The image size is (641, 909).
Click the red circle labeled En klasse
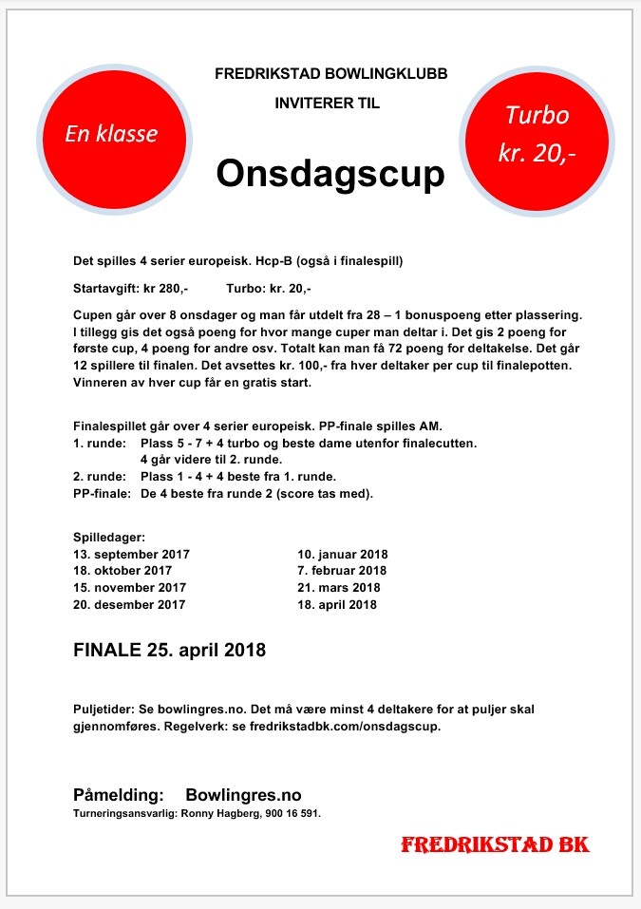111,135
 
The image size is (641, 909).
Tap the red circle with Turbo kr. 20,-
537,135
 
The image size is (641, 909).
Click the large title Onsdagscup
330,174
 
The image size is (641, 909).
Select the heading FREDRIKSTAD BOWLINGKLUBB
330,73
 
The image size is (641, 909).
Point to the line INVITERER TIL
328,104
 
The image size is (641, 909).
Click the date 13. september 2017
132,554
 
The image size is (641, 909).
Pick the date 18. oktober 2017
123,571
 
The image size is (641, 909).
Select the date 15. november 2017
129,588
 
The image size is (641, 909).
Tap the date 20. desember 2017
129,604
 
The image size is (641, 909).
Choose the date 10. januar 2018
343,554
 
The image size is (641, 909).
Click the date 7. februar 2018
342,571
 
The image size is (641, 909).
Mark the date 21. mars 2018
339,588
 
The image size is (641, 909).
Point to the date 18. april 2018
338,604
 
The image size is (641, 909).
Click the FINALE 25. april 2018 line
169,652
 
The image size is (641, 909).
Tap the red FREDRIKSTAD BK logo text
495,844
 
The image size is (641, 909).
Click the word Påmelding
119,794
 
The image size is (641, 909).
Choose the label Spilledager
109,537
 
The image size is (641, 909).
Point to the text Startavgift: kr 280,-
131,288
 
